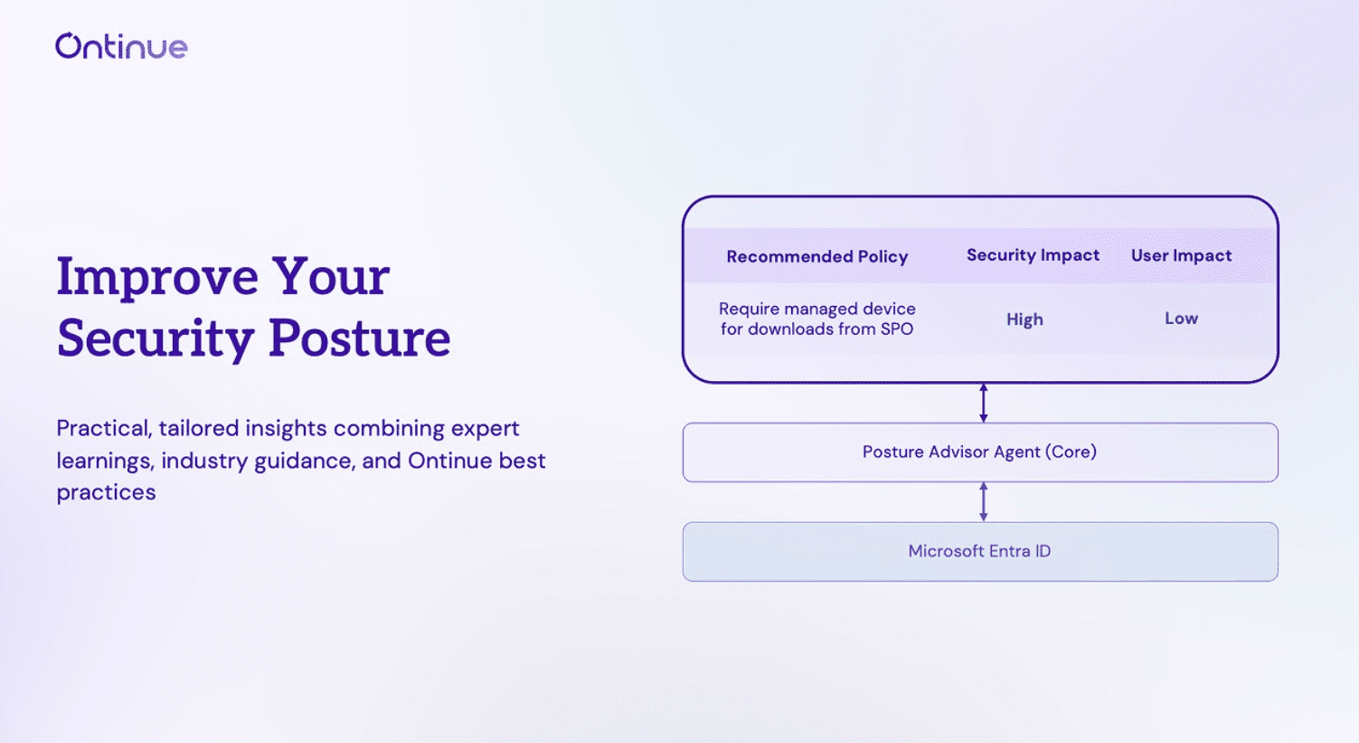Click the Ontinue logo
[121, 46]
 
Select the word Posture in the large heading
[359, 338]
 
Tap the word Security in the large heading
[155, 338]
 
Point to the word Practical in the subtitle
[103, 428]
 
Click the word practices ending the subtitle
[106, 492]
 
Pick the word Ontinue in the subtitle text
[449, 461]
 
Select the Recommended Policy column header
[816, 257]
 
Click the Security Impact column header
[1033, 255]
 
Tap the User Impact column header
[1181, 255]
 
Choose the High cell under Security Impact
[1024, 319]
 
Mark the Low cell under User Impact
[1181, 319]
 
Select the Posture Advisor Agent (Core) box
[979, 452]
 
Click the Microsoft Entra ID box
[979, 551]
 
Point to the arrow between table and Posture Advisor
[984, 403]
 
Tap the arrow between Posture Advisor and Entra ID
[984, 501]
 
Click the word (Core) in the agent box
[1071, 452]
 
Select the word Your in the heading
[331, 277]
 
